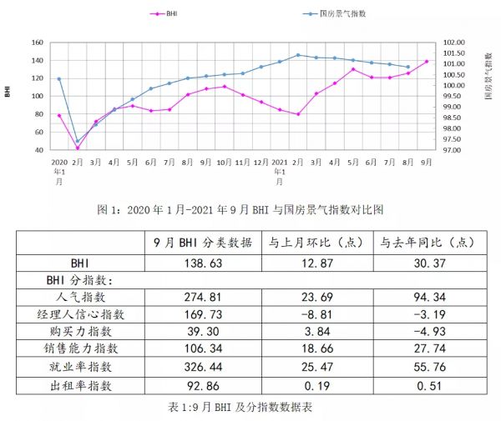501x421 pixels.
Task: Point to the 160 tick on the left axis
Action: [36, 43]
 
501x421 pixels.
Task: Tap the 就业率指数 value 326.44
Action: [202, 368]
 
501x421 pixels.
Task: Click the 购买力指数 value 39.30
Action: [202, 332]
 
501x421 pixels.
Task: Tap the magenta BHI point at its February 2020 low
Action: [78, 148]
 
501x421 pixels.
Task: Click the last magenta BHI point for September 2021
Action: [427, 61]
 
